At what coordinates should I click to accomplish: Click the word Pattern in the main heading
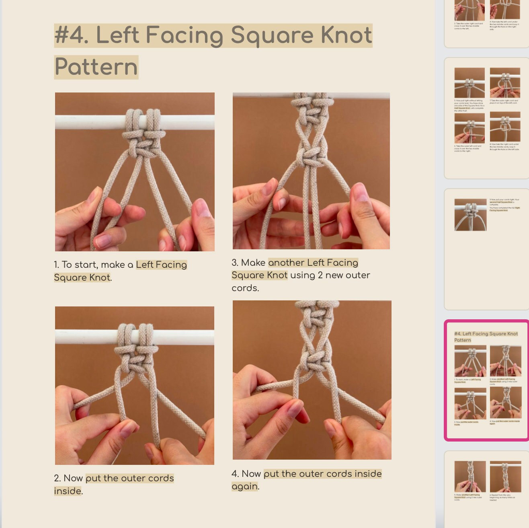(96, 67)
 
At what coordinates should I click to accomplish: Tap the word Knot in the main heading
(346, 35)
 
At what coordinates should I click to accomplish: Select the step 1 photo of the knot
(135, 172)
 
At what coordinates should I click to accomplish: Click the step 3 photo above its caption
(311, 171)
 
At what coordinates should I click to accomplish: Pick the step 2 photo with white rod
(135, 385)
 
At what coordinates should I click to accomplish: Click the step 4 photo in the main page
(312, 380)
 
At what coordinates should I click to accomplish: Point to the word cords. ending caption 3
(245, 288)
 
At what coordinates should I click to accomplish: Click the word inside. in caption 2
(68, 491)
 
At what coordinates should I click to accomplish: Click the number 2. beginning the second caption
(57, 478)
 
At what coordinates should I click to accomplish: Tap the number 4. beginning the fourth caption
(236, 474)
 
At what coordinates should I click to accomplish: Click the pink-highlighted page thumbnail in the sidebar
(487, 380)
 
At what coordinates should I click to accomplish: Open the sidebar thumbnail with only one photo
(487, 249)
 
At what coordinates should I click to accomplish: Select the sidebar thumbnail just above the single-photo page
(487, 118)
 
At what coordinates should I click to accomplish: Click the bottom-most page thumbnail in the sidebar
(487, 489)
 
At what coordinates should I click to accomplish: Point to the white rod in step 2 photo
(80, 337)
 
